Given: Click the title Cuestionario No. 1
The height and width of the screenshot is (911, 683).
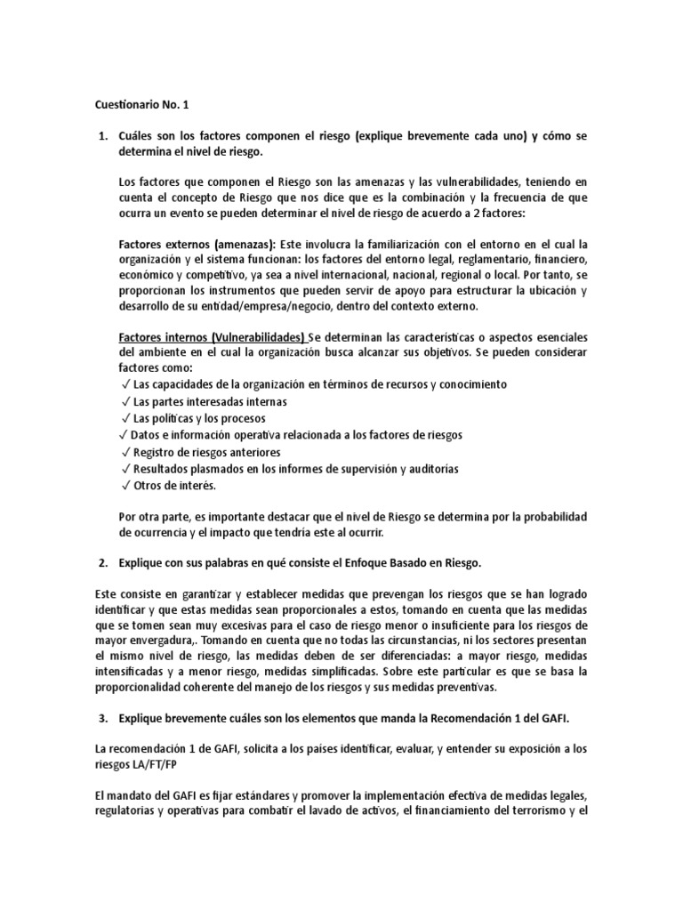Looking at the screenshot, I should (x=142, y=104).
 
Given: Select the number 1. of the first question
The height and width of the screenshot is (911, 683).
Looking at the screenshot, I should (x=101, y=136).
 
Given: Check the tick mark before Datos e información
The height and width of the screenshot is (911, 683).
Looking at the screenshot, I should (x=122, y=435).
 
